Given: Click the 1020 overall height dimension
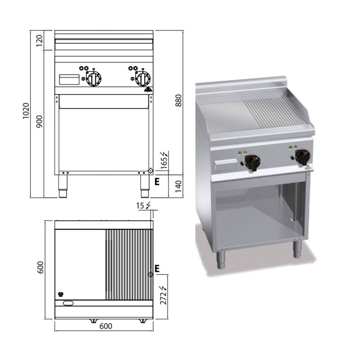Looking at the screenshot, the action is (26, 111).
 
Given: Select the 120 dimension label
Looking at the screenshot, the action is (40, 40).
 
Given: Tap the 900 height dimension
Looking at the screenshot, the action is (40, 121).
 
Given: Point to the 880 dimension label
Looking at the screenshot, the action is (178, 100).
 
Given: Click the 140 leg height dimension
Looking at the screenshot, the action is (178, 186).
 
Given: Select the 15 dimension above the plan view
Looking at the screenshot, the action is (140, 206).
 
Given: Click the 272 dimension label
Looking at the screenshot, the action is (163, 298).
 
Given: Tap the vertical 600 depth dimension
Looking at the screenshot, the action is (40, 267).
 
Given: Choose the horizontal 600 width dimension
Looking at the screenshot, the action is (106, 326).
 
